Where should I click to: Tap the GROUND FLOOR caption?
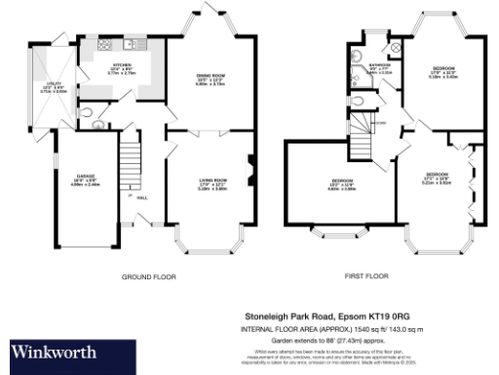click(x=148, y=277)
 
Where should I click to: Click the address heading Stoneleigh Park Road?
click(x=327, y=316)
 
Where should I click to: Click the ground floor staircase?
click(x=129, y=160)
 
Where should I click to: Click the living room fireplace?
click(x=249, y=170)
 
